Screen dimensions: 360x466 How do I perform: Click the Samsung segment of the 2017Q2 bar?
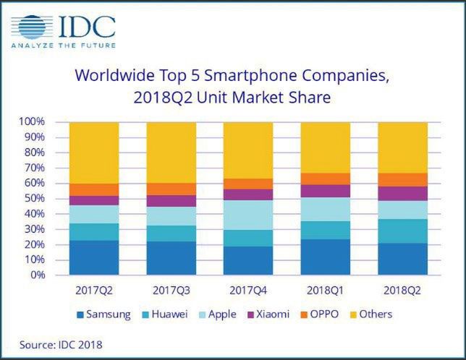click(94, 257)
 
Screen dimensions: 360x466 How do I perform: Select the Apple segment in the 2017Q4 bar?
click(248, 215)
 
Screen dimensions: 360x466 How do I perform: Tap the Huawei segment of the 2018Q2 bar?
click(402, 231)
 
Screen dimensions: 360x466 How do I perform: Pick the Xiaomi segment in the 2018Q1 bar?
click(326, 191)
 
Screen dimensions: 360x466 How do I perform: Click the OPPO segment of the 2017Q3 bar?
click(171, 189)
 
